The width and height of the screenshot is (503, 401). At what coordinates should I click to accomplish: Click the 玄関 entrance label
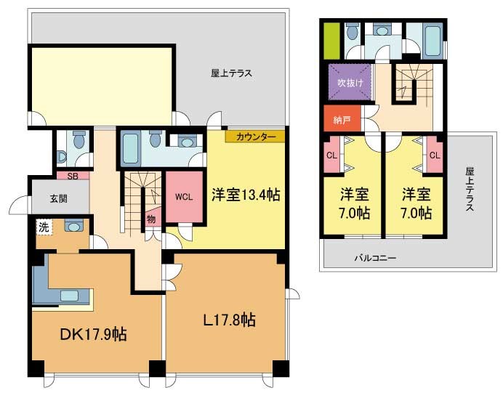click(59, 199)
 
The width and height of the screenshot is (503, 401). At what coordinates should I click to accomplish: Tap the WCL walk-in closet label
click(184, 197)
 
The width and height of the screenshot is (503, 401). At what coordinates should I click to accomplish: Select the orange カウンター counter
click(255, 137)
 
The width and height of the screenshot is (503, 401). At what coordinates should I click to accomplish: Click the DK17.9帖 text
click(93, 335)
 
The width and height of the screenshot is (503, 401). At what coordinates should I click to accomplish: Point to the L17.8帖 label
click(230, 320)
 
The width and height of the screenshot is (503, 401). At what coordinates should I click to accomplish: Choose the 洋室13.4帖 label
click(246, 195)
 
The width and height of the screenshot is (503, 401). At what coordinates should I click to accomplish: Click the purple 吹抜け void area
click(350, 82)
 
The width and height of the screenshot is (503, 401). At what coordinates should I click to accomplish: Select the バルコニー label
click(375, 258)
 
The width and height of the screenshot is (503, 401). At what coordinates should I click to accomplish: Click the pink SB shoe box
click(73, 176)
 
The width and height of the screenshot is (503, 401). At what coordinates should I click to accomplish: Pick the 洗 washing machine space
click(44, 227)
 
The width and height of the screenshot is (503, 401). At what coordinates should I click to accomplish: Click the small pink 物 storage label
click(150, 219)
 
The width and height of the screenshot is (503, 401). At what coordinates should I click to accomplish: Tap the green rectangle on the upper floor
click(331, 41)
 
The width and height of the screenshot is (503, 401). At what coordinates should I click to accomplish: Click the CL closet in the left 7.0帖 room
click(332, 155)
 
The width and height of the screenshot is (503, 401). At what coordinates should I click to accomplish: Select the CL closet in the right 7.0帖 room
click(435, 155)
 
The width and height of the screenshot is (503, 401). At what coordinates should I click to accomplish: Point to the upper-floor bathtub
click(432, 41)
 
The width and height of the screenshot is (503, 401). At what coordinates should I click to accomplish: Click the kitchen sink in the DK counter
click(70, 295)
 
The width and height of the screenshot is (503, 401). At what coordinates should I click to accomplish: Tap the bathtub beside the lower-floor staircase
click(130, 149)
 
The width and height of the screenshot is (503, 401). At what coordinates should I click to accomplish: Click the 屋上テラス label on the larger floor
click(231, 73)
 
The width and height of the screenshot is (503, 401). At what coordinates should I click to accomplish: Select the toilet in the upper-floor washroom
click(352, 31)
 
